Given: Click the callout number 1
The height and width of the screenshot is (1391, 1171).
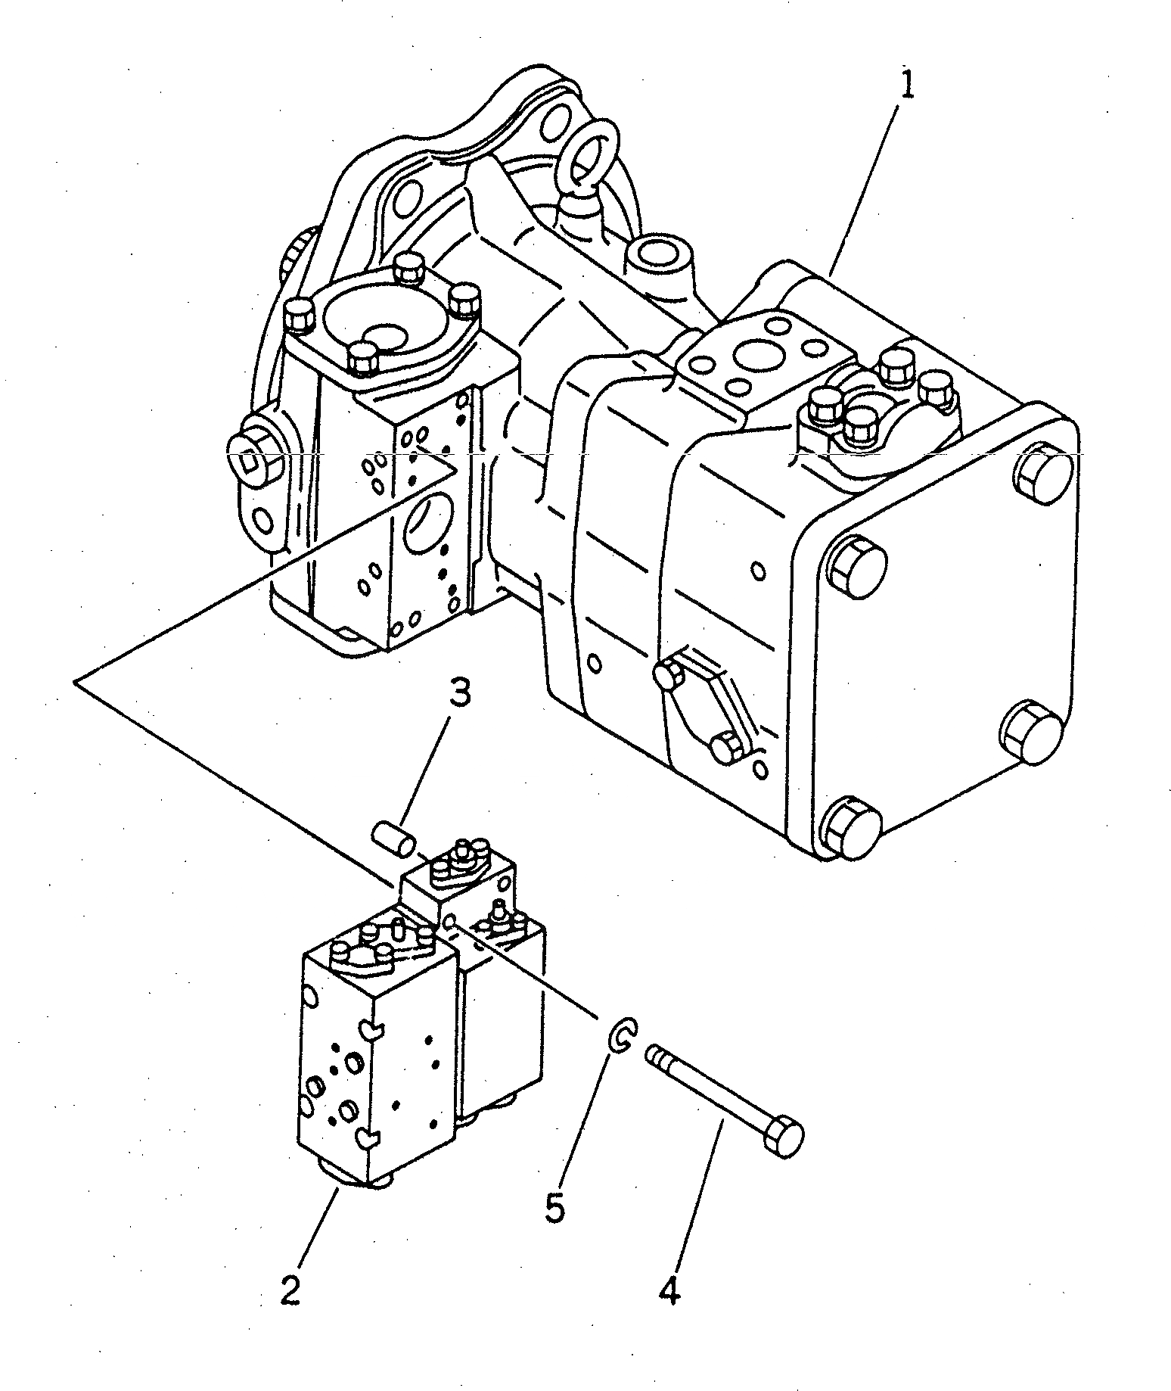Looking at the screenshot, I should tap(905, 86).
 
